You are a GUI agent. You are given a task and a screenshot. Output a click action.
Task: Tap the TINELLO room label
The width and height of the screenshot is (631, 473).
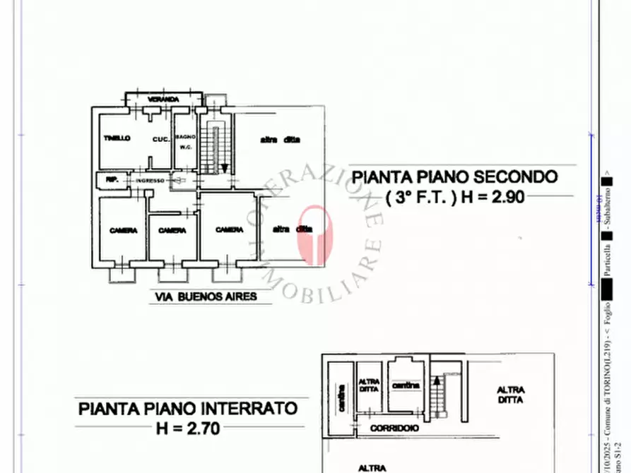click(116, 138)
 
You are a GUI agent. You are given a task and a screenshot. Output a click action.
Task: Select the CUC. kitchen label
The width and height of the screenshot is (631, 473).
click(160, 139)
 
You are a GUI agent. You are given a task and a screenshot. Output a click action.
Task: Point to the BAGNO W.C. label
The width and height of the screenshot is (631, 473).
click(185, 142)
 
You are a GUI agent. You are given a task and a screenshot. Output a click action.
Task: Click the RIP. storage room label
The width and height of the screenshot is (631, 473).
click(111, 180)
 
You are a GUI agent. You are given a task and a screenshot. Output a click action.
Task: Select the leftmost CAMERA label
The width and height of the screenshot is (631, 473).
click(123, 230)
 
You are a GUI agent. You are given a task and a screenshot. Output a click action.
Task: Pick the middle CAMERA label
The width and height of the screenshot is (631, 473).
click(172, 230)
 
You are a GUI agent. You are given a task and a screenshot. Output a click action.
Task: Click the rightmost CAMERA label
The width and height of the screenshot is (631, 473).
click(230, 229)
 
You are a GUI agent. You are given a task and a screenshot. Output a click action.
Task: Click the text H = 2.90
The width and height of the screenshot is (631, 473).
click(493, 198)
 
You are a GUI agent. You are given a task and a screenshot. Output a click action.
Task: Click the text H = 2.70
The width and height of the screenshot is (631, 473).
click(188, 427)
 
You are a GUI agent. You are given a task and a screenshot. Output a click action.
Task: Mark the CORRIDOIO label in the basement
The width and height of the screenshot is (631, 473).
click(394, 428)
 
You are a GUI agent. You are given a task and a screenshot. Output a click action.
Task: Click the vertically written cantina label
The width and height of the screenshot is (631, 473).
click(341, 390)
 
